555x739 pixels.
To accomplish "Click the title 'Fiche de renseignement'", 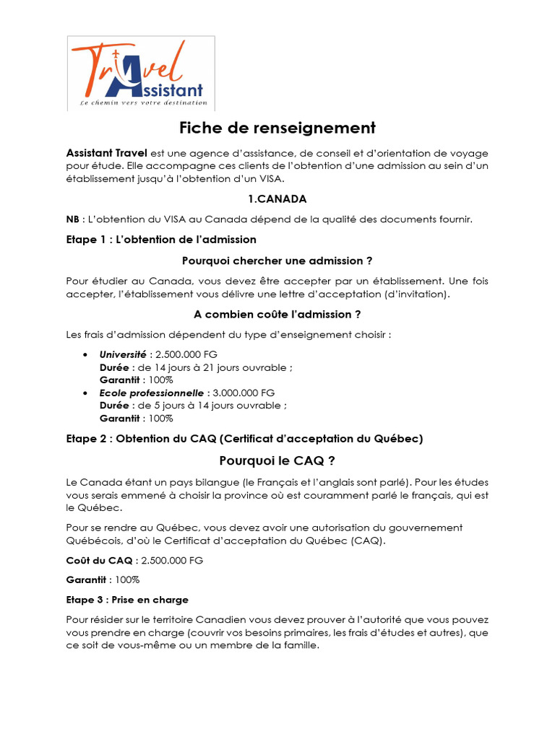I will click(x=277, y=128).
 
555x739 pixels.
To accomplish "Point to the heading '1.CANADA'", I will click(x=277, y=198).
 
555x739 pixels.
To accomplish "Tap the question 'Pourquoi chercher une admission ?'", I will click(x=277, y=260).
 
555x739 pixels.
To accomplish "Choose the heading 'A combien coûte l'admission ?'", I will click(x=277, y=314).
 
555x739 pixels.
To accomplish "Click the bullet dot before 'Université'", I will click(x=86, y=355).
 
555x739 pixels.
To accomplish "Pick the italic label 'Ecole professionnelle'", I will click(x=152, y=393).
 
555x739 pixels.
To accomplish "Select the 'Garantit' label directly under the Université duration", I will click(x=119, y=380).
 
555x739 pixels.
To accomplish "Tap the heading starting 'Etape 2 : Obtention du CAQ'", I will click(x=244, y=438).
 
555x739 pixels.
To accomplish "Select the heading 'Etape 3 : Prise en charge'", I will click(x=127, y=600).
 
